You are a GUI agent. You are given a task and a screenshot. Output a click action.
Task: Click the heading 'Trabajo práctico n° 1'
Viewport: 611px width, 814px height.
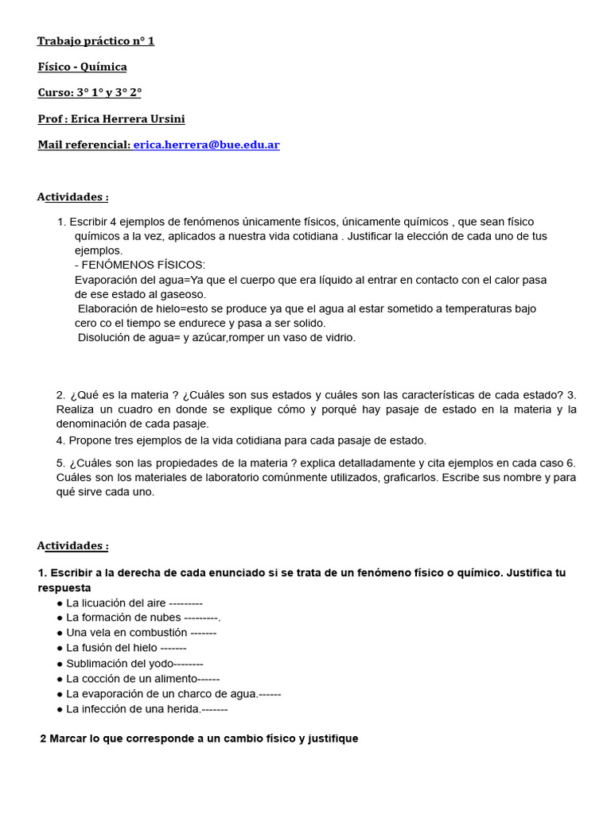pyautogui.click(x=95, y=41)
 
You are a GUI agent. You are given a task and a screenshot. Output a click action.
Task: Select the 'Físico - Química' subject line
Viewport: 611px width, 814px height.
pyautogui.click(x=82, y=67)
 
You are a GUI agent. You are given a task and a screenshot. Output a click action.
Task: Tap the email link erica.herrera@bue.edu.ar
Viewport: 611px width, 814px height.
pyautogui.click(x=206, y=145)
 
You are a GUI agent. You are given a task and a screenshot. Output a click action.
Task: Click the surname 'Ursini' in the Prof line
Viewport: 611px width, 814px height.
pyautogui.click(x=167, y=118)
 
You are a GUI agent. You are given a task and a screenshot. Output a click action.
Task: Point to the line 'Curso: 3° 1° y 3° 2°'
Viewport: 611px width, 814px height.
pyautogui.click(x=89, y=92)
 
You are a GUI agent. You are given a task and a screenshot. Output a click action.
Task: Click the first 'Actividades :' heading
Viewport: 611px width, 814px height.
pyautogui.click(x=72, y=196)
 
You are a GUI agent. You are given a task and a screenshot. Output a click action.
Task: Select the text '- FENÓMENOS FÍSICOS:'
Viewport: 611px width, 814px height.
pyautogui.click(x=140, y=265)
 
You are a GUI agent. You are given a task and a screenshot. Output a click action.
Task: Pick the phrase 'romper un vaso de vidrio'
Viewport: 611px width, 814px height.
pyautogui.click(x=292, y=337)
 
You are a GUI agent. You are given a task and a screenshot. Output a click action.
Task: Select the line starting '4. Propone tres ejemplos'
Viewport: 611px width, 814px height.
pyautogui.click(x=241, y=440)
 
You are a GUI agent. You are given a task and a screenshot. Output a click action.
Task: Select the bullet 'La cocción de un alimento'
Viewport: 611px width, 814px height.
pyautogui.click(x=131, y=678)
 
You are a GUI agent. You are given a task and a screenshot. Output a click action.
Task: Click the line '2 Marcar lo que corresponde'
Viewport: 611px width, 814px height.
pyautogui.click(x=199, y=738)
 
